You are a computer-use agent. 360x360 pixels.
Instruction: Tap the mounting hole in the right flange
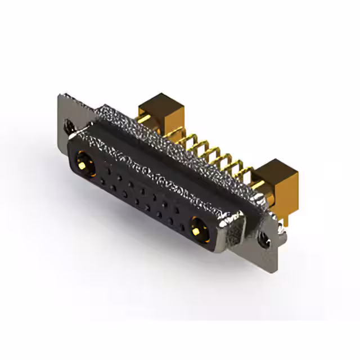pyautogui.click(x=264, y=238)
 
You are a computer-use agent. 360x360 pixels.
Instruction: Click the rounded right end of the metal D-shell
pyautogui.click(x=236, y=225)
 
